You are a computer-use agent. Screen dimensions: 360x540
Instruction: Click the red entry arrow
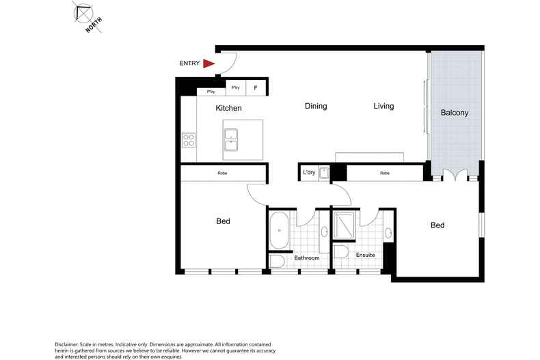pos(209,64)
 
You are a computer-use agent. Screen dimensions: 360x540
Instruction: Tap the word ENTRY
pos(189,64)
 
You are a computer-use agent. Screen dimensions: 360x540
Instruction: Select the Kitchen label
pos(228,108)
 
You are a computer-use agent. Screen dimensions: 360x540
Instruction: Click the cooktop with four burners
pos(189,140)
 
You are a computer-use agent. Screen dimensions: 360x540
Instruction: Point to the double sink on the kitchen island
pos(231,139)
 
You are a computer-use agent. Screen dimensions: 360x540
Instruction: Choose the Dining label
pos(316,106)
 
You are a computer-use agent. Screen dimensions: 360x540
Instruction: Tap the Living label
pos(383,106)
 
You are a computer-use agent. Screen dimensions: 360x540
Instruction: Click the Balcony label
pos(455,113)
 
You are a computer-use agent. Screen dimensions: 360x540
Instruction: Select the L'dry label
pos(309,173)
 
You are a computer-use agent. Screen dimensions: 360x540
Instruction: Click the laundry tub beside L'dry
pos(325,174)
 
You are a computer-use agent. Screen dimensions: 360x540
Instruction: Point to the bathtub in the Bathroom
pos(278,231)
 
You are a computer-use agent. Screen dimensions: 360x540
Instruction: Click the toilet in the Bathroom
pos(277,262)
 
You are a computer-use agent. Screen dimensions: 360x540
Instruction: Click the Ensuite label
pos(366,255)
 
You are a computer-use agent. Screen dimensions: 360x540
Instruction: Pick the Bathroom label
pos(307,258)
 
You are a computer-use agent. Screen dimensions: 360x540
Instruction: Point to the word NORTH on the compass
pos(94,25)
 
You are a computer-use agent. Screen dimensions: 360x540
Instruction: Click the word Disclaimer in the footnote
pos(68,344)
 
